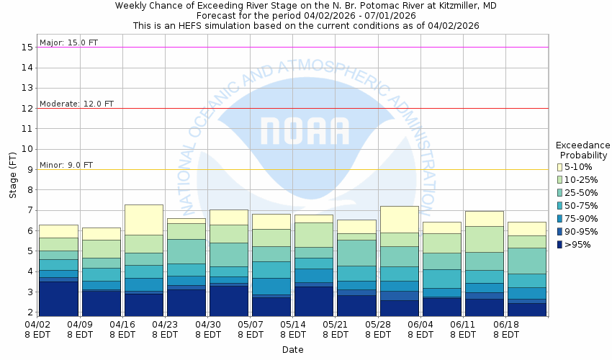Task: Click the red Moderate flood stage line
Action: pyautogui.click(x=288, y=108)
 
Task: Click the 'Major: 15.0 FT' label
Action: pyautogui.click(x=68, y=42)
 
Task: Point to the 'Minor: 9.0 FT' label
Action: pyautogui.click(x=66, y=165)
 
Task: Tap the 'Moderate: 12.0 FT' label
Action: pyautogui.click(x=76, y=104)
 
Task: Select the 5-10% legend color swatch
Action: pyautogui.click(x=559, y=167)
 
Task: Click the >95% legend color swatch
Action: pyautogui.click(x=559, y=245)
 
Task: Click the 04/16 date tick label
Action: pyautogui.click(x=122, y=329)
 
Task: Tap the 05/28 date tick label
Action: pyautogui.click(x=378, y=329)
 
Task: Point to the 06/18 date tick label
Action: pyautogui.click(x=506, y=329)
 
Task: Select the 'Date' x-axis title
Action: pyautogui.click(x=292, y=350)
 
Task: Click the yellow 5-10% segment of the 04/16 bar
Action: pyautogui.click(x=143, y=220)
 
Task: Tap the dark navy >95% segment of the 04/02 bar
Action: pyautogui.click(x=58, y=299)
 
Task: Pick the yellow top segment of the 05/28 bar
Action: pyautogui.click(x=399, y=219)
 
